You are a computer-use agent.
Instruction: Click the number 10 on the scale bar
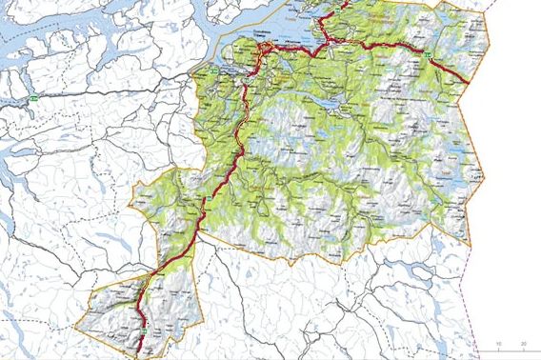498,342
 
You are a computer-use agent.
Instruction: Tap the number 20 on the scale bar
523,342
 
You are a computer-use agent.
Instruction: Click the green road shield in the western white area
34,98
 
